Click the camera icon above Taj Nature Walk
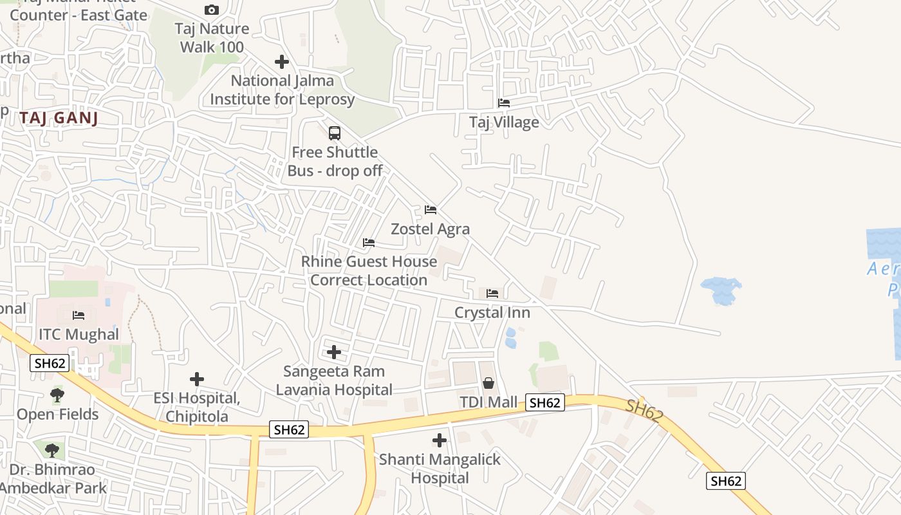pos(211,10)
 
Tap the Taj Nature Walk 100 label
pos(212,38)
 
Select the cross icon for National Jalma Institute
pos(282,62)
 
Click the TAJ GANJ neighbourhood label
pos(59,118)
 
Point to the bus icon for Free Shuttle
pos(335,133)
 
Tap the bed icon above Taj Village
pos(504,103)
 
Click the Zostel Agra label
pos(431,229)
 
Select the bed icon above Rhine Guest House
pos(369,243)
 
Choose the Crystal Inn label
pos(492,313)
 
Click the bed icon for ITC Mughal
pos(79,315)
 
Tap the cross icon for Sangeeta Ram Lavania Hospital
pos(334,352)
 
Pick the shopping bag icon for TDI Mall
pos(488,383)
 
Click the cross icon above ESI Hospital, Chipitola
pos(197,379)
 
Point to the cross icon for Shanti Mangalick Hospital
pos(440,440)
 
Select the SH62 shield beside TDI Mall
pos(545,403)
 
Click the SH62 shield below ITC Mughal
pos(50,363)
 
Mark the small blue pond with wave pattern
pos(721,290)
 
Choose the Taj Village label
pos(504,122)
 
